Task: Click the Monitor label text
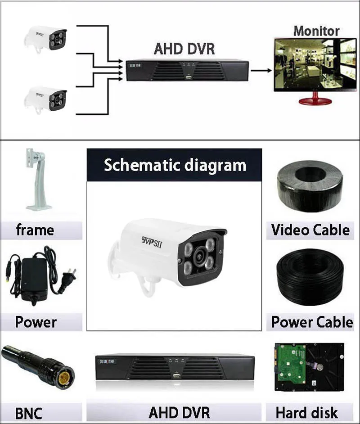pos(316,31)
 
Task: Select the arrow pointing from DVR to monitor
pos(261,70)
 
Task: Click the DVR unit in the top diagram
pos(187,70)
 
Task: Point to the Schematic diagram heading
pos(175,165)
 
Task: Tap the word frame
pos(35,230)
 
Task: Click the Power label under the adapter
pos(36,322)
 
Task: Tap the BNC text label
pos(28,413)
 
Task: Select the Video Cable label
pos(310,230)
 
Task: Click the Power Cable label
pos(312,322)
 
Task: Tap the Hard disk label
pos(306,412)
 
